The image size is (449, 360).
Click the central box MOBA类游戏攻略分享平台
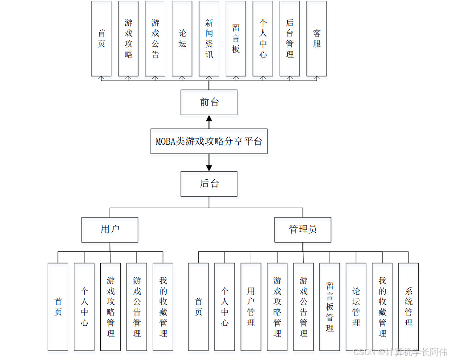coord(209,142)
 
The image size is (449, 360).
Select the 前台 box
coord(209,102)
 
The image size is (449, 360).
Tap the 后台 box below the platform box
coord(209,184)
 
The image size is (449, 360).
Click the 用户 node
coord(110,230)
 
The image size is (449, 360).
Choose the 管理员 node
coord(303,230)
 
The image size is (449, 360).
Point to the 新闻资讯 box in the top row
coord(209,38)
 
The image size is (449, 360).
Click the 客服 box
coord(317,38)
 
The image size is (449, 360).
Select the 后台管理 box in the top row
coord(290,38)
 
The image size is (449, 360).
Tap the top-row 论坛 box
coord(182,38)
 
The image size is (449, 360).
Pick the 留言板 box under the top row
coord(236,38)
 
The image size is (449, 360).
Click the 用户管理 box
coord(251,307)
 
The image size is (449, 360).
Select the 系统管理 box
coord(408,307)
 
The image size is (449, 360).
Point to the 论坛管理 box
coord(356,307)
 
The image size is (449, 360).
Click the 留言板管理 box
coord(330,307)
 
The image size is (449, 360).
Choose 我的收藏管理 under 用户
coord(163,307)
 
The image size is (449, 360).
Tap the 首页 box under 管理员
coord(198,307)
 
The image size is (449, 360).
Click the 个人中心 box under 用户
coord(84,307)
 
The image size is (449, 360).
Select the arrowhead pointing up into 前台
coord(209,118)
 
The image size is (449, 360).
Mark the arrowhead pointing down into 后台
coord(209,168)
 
